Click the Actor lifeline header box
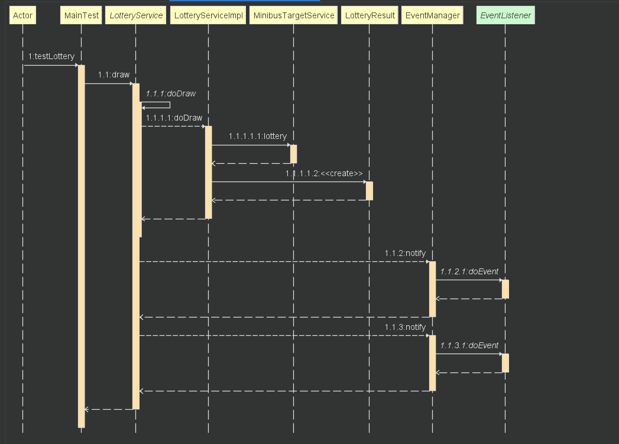(22, 15)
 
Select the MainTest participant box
(82, 15)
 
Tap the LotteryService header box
(136, 15)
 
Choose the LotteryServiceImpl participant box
(208, 15)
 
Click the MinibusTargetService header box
(294, 15)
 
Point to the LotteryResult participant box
(370, 15)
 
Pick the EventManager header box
(432, 15)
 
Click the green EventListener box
(505, 15)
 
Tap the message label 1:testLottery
(51, 56)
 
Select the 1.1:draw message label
(114, 74)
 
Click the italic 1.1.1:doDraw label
(170, 93)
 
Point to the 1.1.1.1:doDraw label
(174, 118)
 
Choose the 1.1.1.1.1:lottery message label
(258, 136)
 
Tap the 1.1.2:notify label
(405, 254)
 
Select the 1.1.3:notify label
(405, 327)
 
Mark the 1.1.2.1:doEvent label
(469, 271)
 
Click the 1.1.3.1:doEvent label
(469, 345)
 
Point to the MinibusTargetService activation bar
(294, 154)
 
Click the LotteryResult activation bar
(370, 191)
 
